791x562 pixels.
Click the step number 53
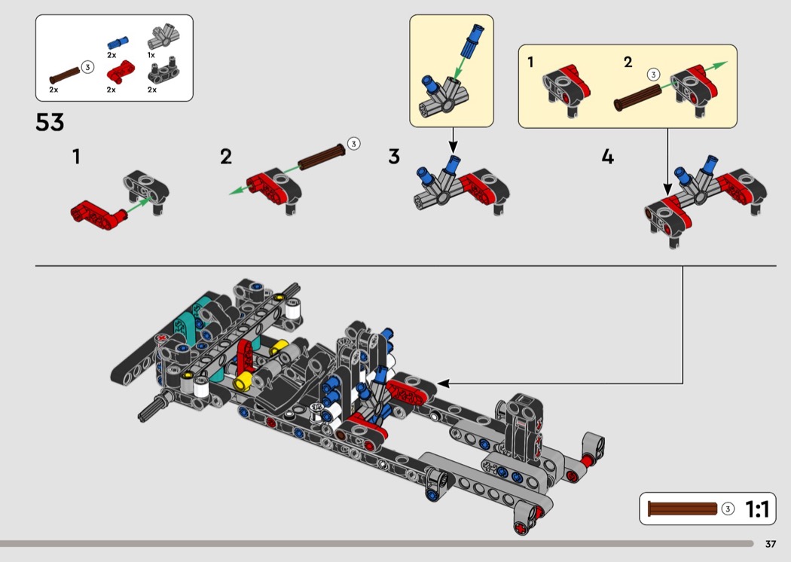click(x=50, y=122)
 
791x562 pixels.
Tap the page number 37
click(x=771, y=544)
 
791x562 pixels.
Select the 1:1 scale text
click(x=757, y=509)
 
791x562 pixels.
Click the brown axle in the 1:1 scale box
click(x=683, y=509)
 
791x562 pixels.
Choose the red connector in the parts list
click(x=120, y=72)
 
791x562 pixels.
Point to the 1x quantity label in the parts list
click(x=151, y=55)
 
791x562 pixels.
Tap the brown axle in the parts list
click(x=65, y=75)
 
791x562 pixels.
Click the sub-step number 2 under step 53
click(x=226, y=157)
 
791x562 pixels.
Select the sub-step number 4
click(x=608, y=157)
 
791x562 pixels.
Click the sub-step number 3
click(x=394, y=157)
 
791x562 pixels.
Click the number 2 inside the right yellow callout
click(x=628, y=62)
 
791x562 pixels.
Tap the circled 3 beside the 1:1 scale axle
click(x=728, y=509)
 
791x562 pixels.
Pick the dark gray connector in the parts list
click(x=163, y=71)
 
